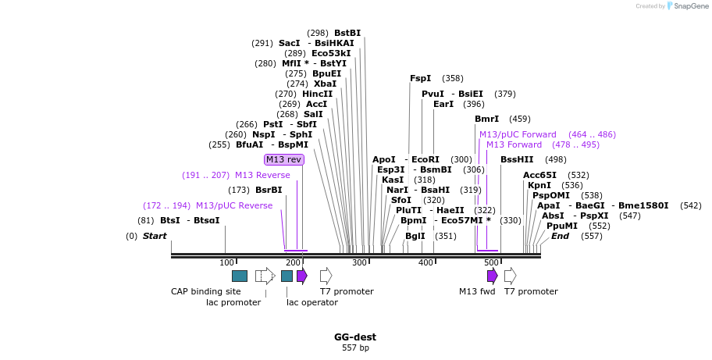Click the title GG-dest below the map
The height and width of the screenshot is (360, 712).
(x=355, y=337)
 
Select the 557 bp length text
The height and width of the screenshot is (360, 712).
(x=355, y=348)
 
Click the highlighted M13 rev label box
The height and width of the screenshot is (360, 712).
(x=284, y=159)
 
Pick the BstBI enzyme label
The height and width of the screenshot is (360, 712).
(x=347, y=33)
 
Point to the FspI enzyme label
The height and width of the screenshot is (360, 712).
(x=421, y=78)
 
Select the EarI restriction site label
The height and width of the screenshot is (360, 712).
(x=443, y=104)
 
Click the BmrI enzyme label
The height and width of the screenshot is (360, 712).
(x=486, y=119)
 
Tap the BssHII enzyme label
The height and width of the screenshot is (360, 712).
(x=517, y=159)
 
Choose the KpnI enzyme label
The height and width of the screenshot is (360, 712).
(x=539, y=185)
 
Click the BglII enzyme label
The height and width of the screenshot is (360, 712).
(x=415, y=236)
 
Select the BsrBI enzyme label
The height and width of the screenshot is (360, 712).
(x=269, y=190)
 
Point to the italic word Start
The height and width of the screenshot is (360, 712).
(x=155, y=236)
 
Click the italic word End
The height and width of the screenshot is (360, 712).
(x=561, y=236)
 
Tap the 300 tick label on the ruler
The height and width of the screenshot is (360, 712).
(x=359, y=262)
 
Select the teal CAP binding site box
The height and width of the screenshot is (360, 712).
(x=240, y=276)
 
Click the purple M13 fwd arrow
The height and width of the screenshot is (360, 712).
(x=492, y=276)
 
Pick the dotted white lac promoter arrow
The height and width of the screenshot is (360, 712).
(x=265, y=276)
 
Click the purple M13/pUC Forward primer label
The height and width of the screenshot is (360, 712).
(x=518, y=134)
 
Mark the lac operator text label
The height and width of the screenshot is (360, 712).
(x=312, y=302)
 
